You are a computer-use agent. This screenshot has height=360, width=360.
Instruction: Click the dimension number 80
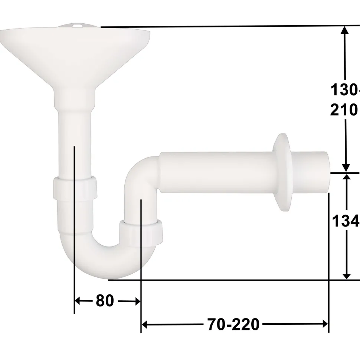pyautogui.click(x=105, y=301)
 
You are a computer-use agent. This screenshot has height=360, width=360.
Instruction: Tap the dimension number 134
pyautogui.click(x=345, y=221)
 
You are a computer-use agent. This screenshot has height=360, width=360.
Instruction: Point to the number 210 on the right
pyautogui.click(x=344, y=110)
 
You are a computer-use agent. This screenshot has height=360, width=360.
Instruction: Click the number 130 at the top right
pyautogui.click(x=344, y=90)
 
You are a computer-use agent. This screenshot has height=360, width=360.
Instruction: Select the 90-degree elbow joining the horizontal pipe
pyautogui.click(x=143, y=174)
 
